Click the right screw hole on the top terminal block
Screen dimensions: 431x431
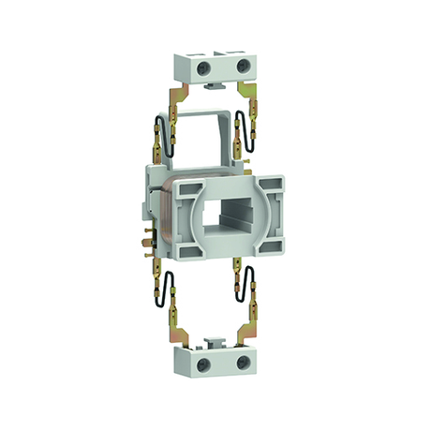(x=243, y=66)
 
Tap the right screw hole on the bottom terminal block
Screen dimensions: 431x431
(x=243, y=361)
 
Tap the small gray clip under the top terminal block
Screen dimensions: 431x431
(x=215, y=87)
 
